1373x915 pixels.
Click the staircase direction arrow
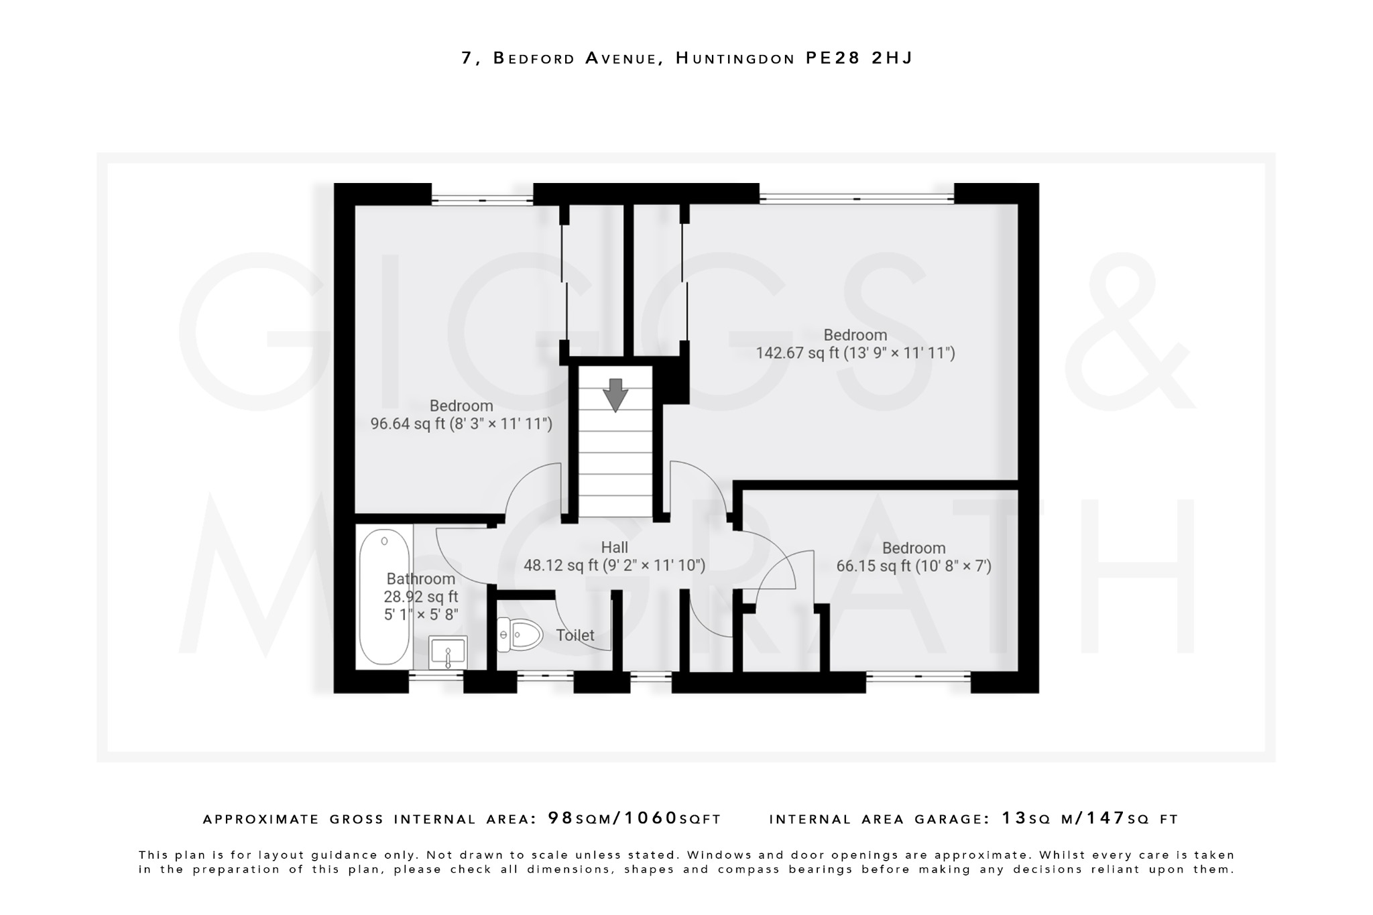[615, 394]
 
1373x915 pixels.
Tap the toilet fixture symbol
[520, 633]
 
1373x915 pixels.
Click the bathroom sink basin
[448, 652]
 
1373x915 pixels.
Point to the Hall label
[614, 548]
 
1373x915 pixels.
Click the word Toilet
[575, 635]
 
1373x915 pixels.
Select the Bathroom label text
[420, 579]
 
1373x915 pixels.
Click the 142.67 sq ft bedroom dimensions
[855, 353]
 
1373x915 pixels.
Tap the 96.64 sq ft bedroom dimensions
[461, 424]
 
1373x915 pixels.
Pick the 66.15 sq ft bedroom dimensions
[913, 566]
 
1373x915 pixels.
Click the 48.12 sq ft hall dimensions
[614, 566]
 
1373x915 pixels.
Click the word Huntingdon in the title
[735, 58]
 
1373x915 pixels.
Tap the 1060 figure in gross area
[651, 818]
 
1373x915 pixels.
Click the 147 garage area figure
[1106, 818]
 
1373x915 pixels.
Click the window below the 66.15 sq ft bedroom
[918, 678]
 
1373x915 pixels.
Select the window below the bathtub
[436, 678]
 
